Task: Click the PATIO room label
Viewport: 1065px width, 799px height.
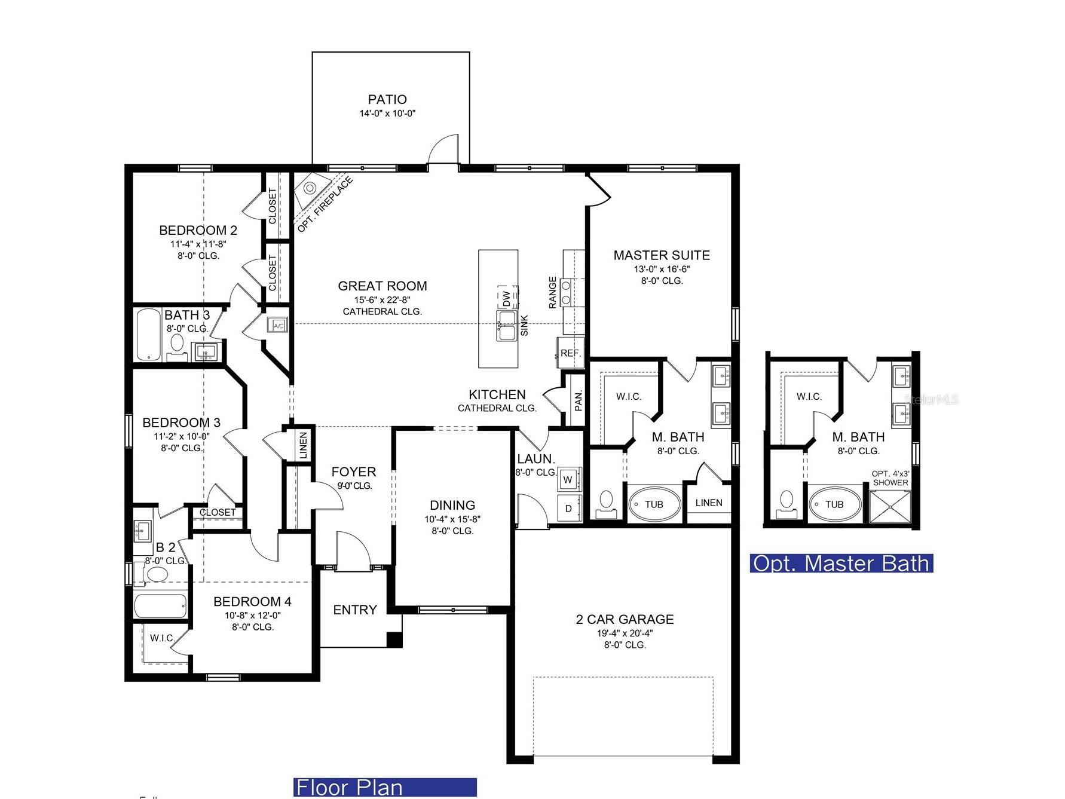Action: [x=387, y=100]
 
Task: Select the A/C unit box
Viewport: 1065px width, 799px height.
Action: [x=278, y=326]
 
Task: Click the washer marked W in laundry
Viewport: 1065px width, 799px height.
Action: [x=568, y=479]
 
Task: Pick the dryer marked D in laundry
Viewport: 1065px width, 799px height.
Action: [x=568, y=509]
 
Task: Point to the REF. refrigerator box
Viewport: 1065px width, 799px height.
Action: [x=570, y=353]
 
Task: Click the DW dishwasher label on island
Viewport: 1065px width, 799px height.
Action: [x=506, y=298]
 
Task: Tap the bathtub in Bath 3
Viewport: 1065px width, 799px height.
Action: [x=147, y=334]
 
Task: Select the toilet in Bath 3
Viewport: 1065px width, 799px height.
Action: [x=177, y=343]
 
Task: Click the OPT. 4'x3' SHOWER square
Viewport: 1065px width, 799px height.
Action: [x=890, y=507]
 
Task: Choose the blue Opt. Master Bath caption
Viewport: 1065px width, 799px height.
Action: [x=841, y=563]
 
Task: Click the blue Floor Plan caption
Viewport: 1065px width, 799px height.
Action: [x=385, y=787]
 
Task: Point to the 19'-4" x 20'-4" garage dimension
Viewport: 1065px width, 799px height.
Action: [x=625, y=633]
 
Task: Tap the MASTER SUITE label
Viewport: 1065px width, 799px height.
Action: [x=662, y=255]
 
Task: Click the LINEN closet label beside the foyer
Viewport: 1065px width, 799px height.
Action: [x=303, y=445]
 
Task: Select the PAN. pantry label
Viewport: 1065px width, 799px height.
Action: [x=578, y=400]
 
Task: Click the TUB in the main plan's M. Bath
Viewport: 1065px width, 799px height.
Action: [x=654, y=504]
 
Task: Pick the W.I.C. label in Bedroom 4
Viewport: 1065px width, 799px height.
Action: [x=161, y=638]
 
